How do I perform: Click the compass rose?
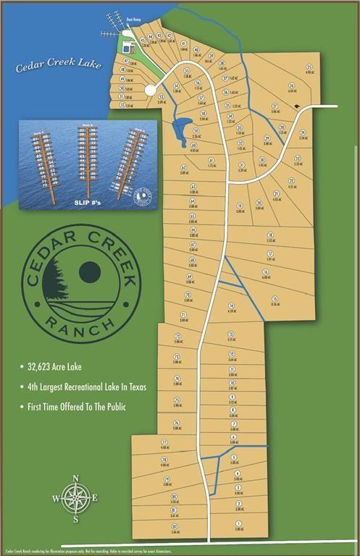[75, 498]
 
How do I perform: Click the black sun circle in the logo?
[89, 271]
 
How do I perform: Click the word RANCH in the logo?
[80, 321]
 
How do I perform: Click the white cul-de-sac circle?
[151, 90]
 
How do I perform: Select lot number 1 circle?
[238, 523]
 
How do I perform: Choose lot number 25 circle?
[309, 67]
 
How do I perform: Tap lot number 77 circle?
[164, 442]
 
